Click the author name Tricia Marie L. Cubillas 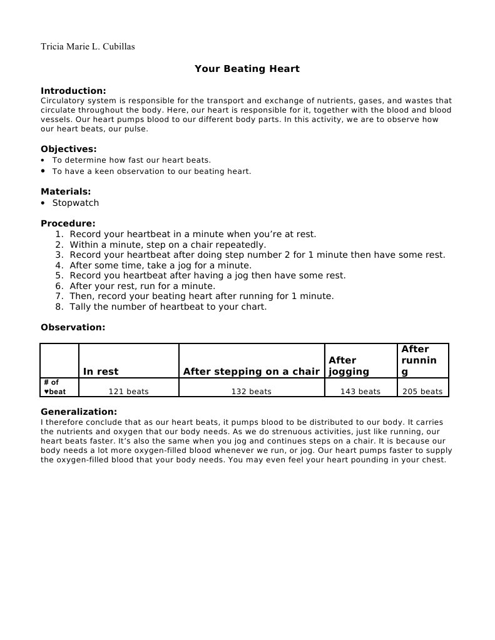[x=88, y=47]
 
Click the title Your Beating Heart [x=247, y=69]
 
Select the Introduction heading [x=73, y=91]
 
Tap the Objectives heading [x=69, y=149]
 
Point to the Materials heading [x=66, y=191]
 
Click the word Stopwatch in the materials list [x=75, y=203]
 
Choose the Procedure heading [x=68, y=223]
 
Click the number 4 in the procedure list [x=59, y=265]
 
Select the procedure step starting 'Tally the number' [x=168, y=307]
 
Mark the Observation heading [x=73, y=327]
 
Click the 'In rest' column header [x=101, y=372]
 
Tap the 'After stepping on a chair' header [x=251, y=372]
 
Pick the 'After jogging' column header [x=349, y=366]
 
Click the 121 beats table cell [x=128, y=392]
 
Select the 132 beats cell [x=251, y=392]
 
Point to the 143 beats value [x=360, y=392]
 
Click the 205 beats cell [x=422, y=392]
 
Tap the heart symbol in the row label [x=46, y=392]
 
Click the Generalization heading [x=79, y=412]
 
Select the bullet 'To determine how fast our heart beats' [x=131, y=160]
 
